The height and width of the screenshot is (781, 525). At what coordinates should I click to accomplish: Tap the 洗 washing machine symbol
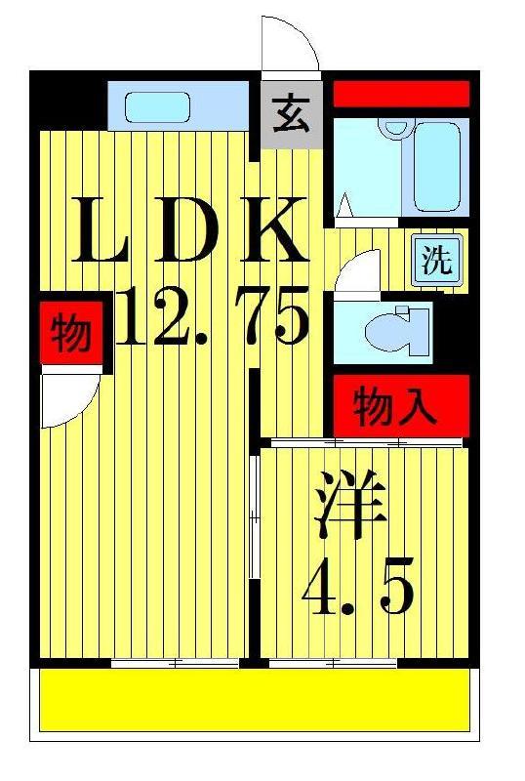coord(437,260)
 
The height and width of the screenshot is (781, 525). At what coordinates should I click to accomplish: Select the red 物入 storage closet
coord(401,405)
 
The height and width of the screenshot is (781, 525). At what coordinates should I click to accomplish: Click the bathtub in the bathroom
coord(436,167)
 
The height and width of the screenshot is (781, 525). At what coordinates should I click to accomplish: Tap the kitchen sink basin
coord(157,107)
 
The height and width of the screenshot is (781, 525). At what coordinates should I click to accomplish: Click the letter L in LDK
coord(101,229)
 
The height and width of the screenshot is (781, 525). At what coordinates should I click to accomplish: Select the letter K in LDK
coord(274,229)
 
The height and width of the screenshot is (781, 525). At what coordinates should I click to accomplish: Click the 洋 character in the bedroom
coord(350,503)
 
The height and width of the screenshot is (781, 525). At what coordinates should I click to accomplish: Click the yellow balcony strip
coord(255,700)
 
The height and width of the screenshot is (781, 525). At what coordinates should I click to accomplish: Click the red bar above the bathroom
coord(401,94)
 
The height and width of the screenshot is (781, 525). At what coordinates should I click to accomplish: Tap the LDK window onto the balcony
coord(175,663)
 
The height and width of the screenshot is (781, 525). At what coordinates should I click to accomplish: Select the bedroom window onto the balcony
coord(333,663)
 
